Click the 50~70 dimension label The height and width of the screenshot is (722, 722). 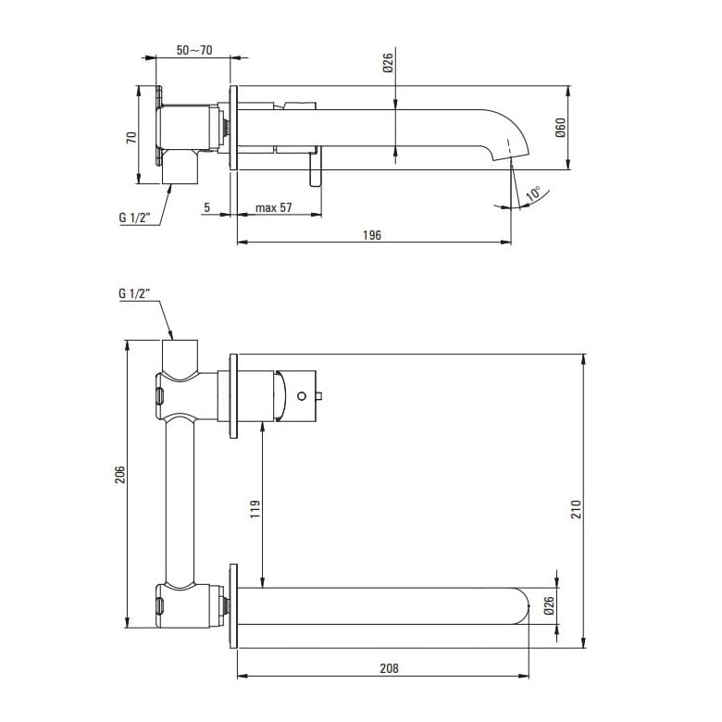tap(194, 50)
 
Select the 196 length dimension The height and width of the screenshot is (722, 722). tap(372, 235)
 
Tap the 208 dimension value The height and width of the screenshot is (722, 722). tap(389, 668)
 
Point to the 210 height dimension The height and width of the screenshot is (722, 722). tap(577, 509)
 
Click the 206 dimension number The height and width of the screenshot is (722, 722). tap(119, 475)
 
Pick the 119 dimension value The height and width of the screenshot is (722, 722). tap(255, 509)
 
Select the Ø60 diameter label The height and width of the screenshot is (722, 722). tap(560, 128)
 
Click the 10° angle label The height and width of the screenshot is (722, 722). tap(534, 193)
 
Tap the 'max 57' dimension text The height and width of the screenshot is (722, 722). tap(273, 207)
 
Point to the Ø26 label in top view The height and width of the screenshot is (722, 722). tap(388, 63)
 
